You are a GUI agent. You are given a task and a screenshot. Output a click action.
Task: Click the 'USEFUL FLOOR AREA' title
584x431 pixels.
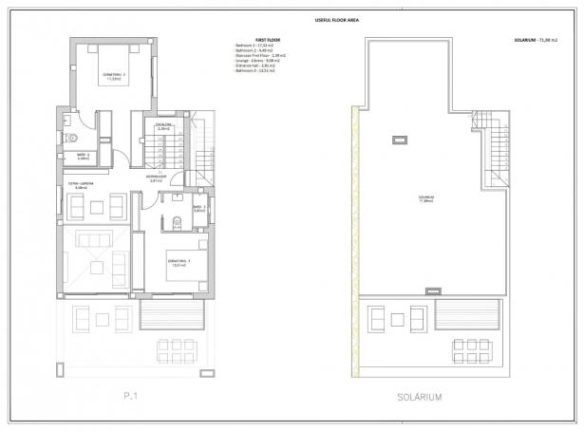(291, 19)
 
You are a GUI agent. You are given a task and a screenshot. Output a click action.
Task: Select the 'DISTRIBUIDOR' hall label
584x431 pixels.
(157, 178)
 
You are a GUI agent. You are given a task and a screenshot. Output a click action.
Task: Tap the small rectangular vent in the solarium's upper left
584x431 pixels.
(392, 140)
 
